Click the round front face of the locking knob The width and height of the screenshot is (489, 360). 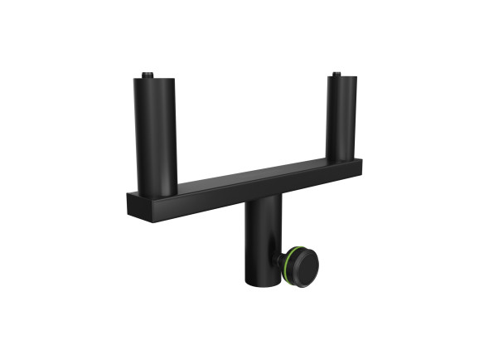click(x=305, y=265)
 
